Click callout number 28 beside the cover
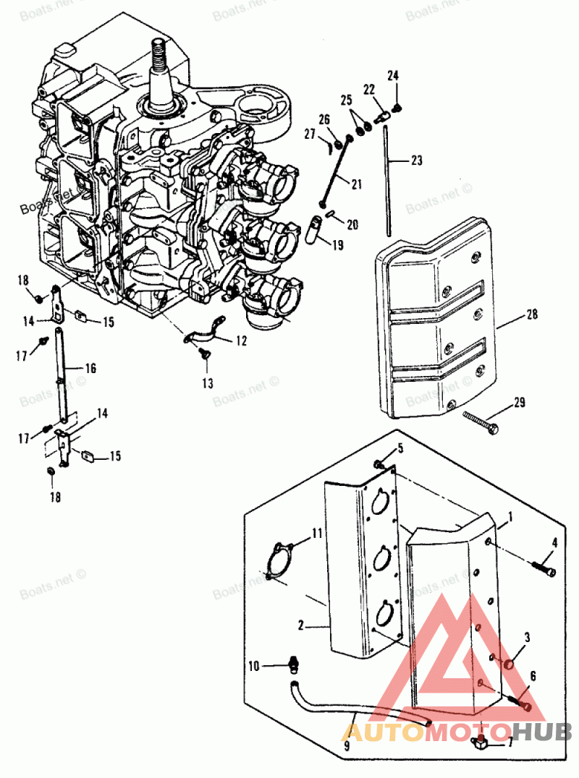[x=532, y=315]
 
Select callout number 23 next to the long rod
[x=416, y=161]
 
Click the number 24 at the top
[x=393, y=75]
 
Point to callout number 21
[x=356, y=184]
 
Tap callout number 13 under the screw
[x=208, y=383]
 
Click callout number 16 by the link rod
[x=90, y=368]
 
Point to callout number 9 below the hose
[x=346, y=744]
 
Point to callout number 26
[x=324, y=119]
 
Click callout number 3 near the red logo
[x=528, y=637]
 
